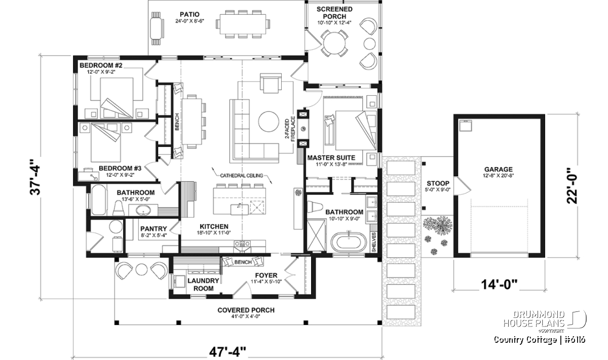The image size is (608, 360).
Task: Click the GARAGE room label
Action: (x=499, y=170)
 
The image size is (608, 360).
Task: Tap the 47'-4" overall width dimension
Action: (x=227, y=352)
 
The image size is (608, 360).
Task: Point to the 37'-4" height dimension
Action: (x=35, y=177)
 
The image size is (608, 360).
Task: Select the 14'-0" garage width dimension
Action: (x=499, y=285)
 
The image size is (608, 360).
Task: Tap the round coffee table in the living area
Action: (x=269, y=122)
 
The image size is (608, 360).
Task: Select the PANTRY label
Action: (x=154, y=229)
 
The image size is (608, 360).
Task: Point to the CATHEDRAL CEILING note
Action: (x=242, y=176)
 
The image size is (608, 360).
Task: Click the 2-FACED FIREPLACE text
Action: (x=290, y=129)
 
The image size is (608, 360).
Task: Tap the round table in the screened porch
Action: (x=334, y=44)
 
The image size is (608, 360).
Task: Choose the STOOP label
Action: (x=438, y=183)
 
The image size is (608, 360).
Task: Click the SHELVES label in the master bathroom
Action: (x=374, y=242)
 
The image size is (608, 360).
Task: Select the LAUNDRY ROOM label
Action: (x=203, y=285)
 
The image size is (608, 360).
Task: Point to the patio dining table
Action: (x=243, y=24)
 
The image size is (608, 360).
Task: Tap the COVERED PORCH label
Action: (x=246, y=310)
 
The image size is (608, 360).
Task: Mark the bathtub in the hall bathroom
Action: (x=98, y=199)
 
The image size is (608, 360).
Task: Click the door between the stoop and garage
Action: (x=463, y=186)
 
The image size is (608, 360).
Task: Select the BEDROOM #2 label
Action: (x=101, y=65)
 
